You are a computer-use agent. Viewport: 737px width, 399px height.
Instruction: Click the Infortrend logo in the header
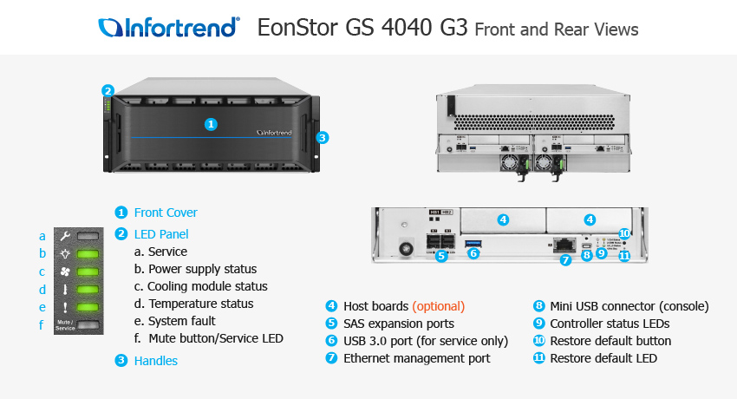[x=169, y=28]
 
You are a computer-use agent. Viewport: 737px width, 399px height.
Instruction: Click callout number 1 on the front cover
[x=210, y=124]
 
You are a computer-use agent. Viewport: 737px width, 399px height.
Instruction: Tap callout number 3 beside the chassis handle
[x=322, y=137]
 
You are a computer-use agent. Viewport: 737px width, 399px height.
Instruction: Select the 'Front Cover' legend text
[x=166, y=213]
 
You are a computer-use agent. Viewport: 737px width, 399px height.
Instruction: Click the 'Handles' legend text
[x=156, y=361]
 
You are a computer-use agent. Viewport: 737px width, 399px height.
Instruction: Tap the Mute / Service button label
[x=65, y=326]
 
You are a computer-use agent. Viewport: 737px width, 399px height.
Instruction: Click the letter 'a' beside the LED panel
[x=42, y=235]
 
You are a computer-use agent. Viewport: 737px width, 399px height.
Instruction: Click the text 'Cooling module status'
[x=207, y=286]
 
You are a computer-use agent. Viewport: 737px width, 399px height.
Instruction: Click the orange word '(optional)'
[x=438, y=306]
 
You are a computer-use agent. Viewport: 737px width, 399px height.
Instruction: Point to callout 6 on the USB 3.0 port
[x=473, y=253]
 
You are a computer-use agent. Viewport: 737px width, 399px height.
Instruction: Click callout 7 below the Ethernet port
[x=565, y=259]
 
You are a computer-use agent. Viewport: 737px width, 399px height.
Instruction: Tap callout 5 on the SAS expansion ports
[x=441, y=256]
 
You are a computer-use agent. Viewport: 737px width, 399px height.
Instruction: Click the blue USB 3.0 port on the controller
[x=473, y=241]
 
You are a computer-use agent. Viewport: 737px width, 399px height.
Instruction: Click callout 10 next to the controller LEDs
[x=624, y=233]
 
